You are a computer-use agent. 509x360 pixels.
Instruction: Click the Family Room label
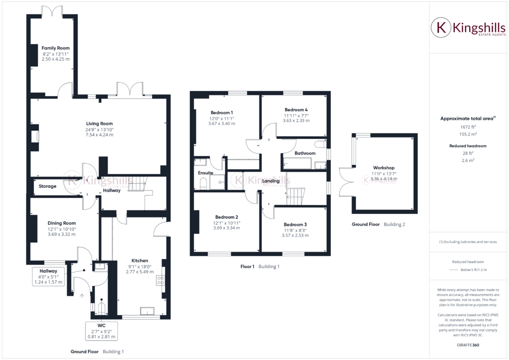[55, 48]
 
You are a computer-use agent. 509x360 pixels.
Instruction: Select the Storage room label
[48, 186]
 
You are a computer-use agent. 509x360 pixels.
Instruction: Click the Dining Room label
[61, 223]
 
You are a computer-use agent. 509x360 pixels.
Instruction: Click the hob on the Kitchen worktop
[161, 280]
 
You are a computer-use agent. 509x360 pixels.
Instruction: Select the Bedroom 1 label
[221, 112]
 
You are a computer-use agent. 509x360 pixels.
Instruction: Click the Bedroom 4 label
[296, 109]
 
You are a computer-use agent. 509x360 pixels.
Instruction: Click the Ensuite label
[205, 173]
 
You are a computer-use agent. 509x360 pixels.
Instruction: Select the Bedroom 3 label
[295, 224]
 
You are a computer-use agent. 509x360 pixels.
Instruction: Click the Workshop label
[383, 167]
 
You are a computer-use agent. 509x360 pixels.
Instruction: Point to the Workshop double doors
[344, 182]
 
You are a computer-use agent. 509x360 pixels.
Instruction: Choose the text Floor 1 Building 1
[259, 266]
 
